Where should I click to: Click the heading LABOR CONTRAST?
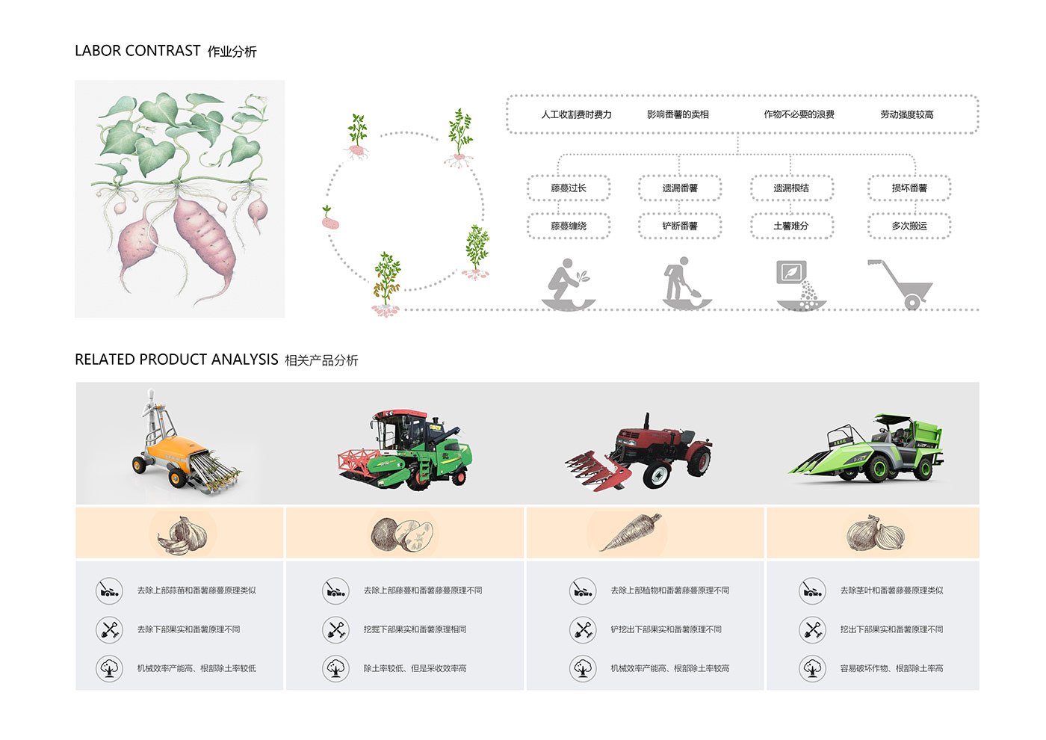[x=137, y=51]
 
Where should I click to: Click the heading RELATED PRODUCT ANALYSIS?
[x=176, y=360]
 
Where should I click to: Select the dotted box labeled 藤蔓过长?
[x=569, y=188]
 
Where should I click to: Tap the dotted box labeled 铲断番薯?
[x=680, y=226]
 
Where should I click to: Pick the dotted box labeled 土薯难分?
[x=791, y=226]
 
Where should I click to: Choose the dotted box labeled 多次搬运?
[x=909, y=226]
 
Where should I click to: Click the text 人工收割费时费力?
[x=576, y=114]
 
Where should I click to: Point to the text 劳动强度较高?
[x=906, y=114]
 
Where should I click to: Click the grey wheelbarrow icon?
[x=901, y=284]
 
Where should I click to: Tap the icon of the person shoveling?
[x=681, y=283]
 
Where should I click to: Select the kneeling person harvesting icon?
[x=568, y=283]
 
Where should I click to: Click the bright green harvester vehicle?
[x=867, y=448]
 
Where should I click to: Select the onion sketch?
[x=875, y=533]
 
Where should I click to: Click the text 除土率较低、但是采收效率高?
[x=415, y=668]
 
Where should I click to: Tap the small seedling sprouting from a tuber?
[x=329, y=218]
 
